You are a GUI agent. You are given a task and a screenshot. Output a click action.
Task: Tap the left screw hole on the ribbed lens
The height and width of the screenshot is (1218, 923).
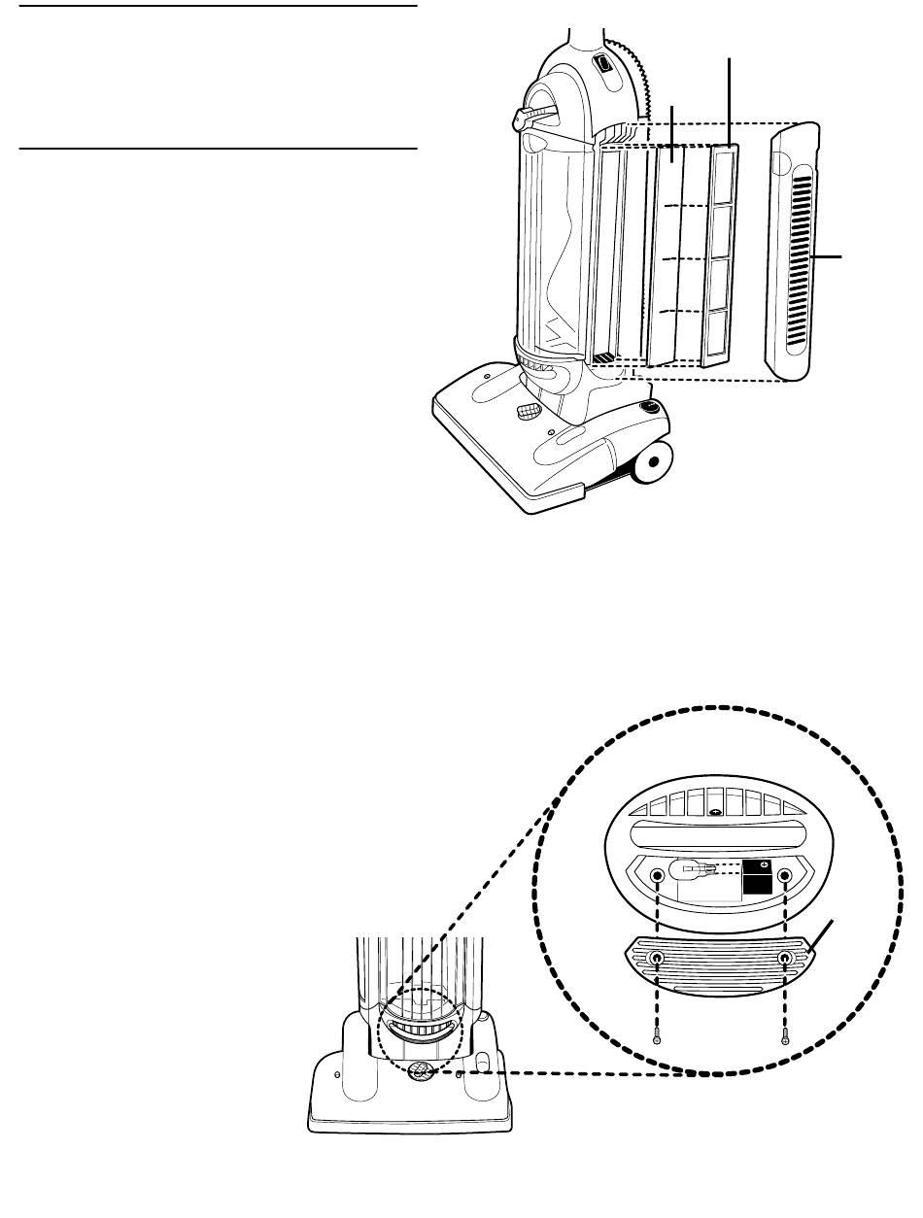(x=658, y=959)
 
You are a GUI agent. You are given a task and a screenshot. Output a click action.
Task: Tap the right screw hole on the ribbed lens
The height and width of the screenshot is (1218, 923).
(x=785, y=959)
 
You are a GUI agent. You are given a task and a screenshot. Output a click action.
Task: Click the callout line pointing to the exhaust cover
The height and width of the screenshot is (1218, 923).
(x=828, y=256)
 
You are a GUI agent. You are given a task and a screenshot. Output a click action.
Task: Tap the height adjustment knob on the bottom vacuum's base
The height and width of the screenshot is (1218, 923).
(x=424, y=1070)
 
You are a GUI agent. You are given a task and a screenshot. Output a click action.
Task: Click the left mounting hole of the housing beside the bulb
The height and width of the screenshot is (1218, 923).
(x=658, y=877)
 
